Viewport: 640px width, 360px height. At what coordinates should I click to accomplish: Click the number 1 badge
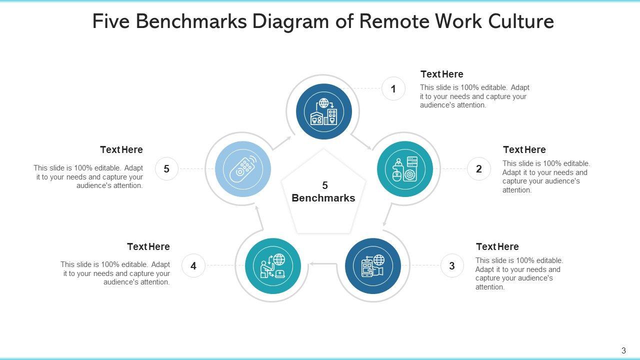[393, 89]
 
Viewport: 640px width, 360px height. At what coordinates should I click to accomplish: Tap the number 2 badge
[479, 169]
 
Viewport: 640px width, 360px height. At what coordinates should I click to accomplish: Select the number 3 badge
[452, 266]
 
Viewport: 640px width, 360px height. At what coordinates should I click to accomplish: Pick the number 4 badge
[193, 266]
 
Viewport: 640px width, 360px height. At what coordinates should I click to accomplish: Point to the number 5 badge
[166, 169]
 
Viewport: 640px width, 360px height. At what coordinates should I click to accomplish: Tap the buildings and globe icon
[324, 111]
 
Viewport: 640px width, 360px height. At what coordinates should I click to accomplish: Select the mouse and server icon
[405, 169]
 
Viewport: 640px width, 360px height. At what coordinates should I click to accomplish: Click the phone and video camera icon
[373, 266]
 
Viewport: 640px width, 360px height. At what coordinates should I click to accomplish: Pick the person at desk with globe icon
[273, 266]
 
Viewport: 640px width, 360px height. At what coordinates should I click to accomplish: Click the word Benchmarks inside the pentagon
[323, 198]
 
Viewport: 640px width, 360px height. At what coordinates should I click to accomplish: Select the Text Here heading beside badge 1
[441, 74]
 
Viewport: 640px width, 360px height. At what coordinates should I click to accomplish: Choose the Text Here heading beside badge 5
[121, 149]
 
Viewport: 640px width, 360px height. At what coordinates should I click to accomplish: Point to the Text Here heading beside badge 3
[497, 246]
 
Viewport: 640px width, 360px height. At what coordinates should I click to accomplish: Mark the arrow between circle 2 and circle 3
[386, 217]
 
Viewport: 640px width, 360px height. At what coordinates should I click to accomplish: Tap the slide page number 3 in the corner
[623, 350]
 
